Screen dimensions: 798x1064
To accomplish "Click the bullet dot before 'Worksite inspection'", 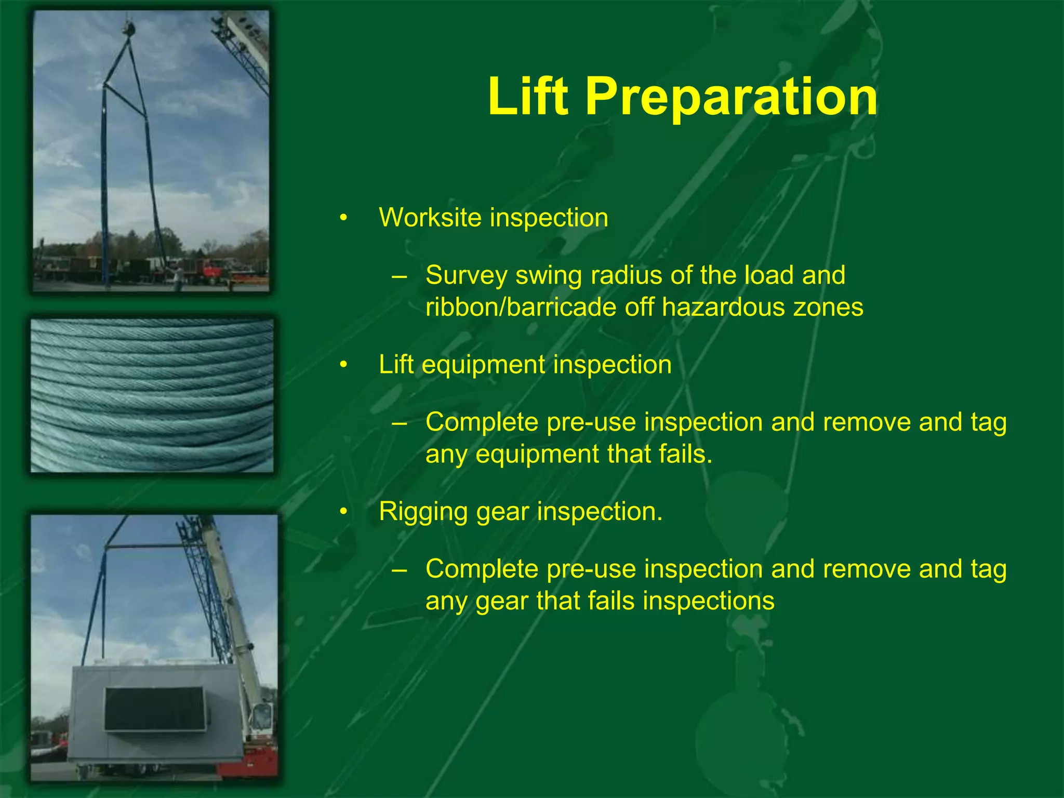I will click(x=343, y=218).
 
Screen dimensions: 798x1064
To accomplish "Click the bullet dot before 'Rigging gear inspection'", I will click(x=343, y=512).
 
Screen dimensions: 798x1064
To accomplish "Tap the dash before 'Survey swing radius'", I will click(x=400, y=276).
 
